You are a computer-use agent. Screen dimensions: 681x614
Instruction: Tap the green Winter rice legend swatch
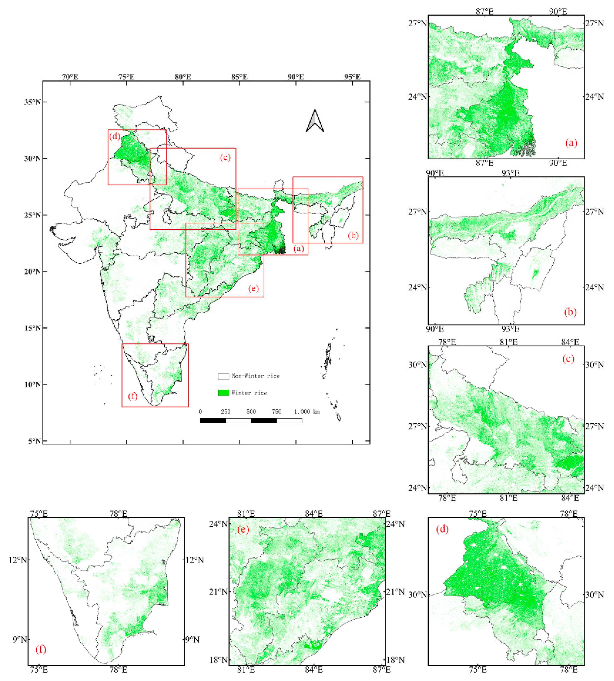223,393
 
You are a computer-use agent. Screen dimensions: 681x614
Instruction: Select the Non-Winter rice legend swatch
223,376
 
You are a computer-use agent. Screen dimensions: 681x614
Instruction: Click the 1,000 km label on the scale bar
307,412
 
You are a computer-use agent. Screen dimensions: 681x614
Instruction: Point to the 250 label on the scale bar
225,412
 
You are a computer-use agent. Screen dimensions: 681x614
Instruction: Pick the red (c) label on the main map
225,157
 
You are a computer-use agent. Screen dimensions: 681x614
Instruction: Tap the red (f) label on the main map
133,396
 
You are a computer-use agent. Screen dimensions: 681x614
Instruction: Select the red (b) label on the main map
353,235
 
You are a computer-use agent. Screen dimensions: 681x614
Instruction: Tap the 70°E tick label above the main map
70,77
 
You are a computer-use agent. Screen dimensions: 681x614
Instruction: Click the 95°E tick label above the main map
352,77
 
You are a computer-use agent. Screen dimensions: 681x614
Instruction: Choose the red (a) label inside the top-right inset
571,143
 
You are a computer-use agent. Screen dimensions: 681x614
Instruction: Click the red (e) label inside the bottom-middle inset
243,529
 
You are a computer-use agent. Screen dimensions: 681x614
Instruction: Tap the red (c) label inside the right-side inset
568,358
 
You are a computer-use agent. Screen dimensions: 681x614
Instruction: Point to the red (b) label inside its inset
570,312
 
